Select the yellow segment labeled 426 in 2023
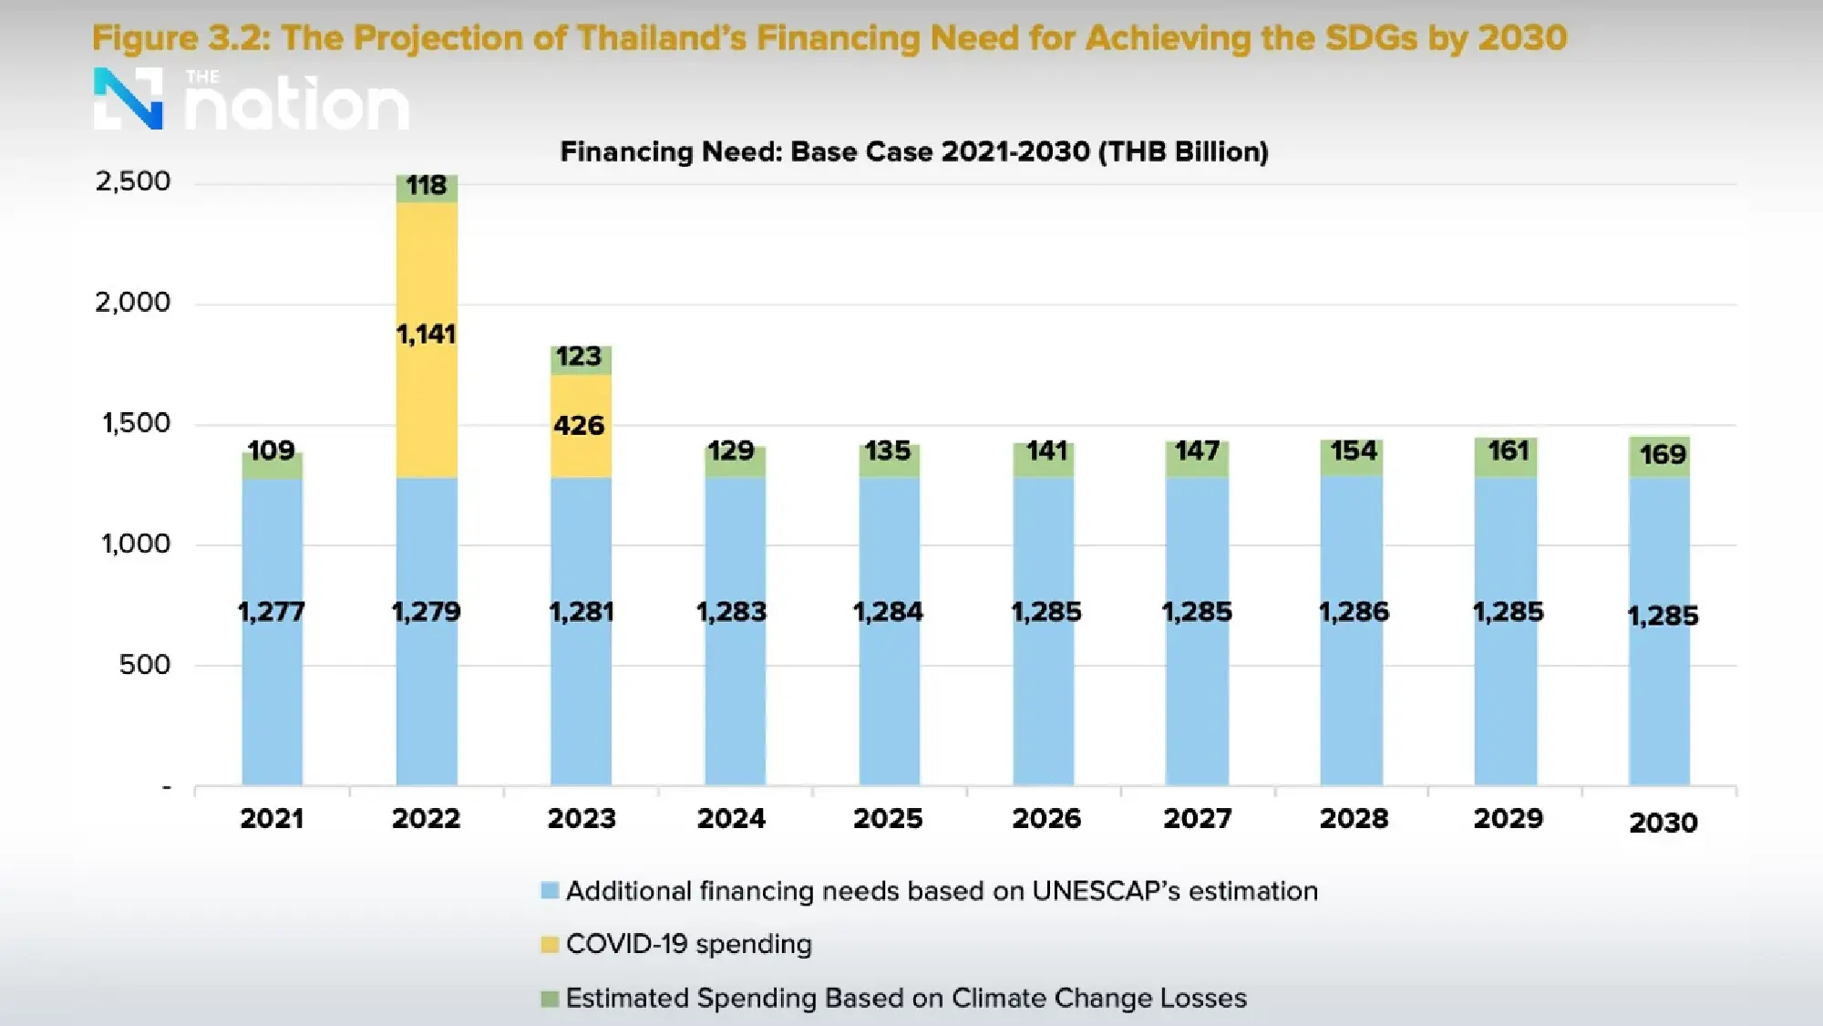[x=581, y=426]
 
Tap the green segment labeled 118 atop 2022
[x=427, y=188]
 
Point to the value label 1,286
[x=1354, y=611]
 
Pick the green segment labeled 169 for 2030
[x=1659, y=455]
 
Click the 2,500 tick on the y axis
[x=133, y=181]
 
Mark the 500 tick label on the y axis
[x=144, y=665]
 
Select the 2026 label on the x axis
[x=1046, y=818]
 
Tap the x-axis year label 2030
[x=1663, y=823]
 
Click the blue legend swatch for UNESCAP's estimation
[x=550, y=891]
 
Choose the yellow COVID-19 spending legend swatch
[x=550, y=945]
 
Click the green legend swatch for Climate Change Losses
[x=550, y=999]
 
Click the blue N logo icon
[x=129, y=98]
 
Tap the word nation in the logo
[x=297, y=106]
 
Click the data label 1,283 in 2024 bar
[x=731, y=611]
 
